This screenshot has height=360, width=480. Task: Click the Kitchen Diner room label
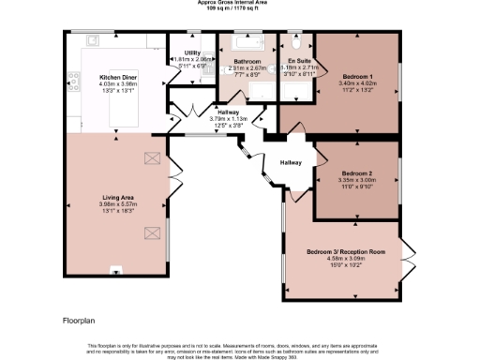coord(119,77)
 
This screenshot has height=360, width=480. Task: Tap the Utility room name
coord(192,52)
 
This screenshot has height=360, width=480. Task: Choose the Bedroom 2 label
coord(356,173)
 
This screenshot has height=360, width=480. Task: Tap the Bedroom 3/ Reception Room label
coord(346,251)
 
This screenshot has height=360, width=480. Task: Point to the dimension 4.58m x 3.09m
coord(346,258)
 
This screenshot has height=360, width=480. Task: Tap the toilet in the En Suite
coord(296,43)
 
